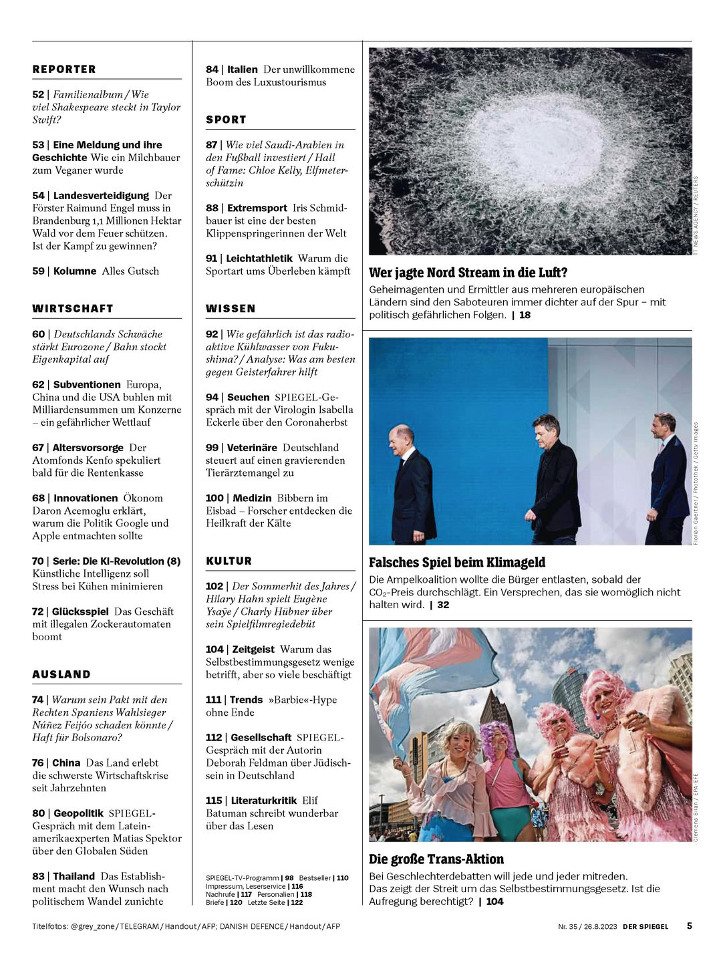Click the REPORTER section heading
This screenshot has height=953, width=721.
(x=64, y=69)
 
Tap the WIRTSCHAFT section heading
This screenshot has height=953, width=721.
(x=73, y=308)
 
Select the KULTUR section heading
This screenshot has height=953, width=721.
(x=229, y=561)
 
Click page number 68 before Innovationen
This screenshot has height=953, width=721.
(x=38, y=498)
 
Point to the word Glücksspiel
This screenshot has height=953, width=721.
(x=80, y=611)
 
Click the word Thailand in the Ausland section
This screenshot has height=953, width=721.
(x=74, y=876)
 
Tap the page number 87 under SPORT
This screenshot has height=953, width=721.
(x=212, y=145)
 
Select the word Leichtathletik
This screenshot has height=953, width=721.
(x=259, y=258)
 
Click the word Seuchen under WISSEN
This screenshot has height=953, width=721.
(x=248, y=397)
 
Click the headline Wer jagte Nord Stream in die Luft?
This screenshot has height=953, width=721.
(x=468, y=273)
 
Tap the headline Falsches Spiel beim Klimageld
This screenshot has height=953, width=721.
(x=457, y=563)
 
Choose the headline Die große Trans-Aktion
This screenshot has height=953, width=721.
(x=436, y=859)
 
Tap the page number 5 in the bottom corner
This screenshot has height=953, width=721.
(x=690, y=926)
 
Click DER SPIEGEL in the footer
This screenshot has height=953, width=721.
(x=645, y=926)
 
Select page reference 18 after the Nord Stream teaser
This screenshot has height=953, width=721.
(x=525, y=315)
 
